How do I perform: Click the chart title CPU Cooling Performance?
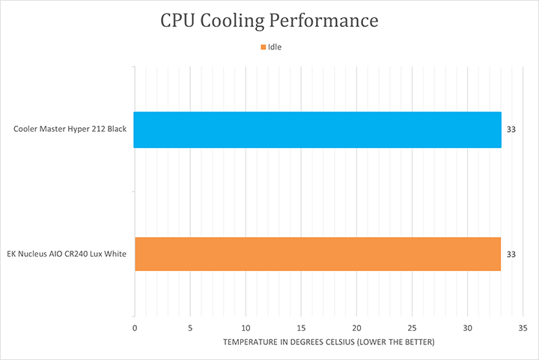tap(269, 20)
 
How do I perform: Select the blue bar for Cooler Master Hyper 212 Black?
tap(317, 129)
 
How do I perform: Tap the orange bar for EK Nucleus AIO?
tap(317, 254)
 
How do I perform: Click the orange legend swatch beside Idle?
tap(264, 47)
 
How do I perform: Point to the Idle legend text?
tap(275, 47)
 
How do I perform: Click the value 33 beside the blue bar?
tap(511, 129)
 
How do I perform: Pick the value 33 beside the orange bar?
tap(511, 254)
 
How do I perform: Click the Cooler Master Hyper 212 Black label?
tap(70, 129)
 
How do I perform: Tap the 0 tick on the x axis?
tap(135, 328)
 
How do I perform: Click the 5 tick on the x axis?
tap(190, 328)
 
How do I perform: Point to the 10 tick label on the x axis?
tap(246, 328)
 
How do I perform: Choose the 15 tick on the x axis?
tap(301, 328)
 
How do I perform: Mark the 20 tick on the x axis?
tap(356, 328)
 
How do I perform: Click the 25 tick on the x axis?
tap(412, 328)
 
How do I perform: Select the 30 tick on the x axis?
tap(467, 328)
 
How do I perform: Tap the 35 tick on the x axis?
tap(523, 328)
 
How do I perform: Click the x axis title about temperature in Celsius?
tap(329, 342)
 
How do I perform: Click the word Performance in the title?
tap(326, 20)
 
